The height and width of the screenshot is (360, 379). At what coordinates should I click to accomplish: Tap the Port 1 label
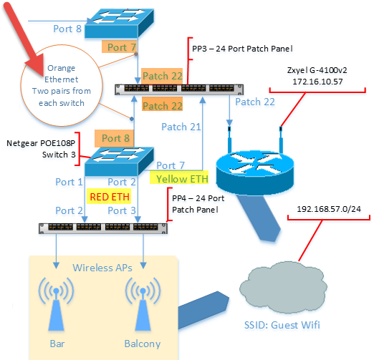[69, 182]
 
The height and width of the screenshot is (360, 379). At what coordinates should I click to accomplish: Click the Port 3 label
[121, 210]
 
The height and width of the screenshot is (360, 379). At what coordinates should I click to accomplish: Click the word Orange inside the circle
[61, 69]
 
